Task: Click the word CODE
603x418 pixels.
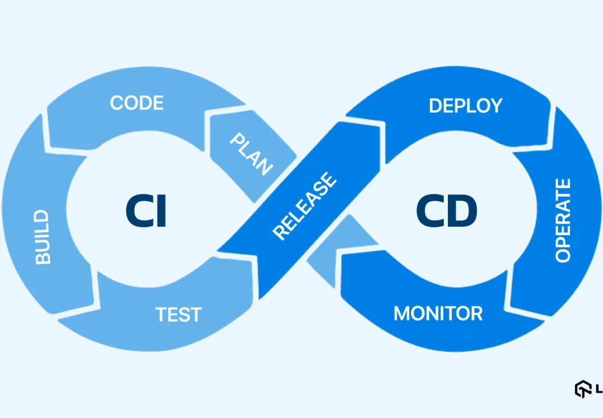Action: pyautogui.click(x=137, y=103)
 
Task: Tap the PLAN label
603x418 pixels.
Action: pyautogui.click(x=252, y=153)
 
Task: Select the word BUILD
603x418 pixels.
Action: pyautogui.click(x=42, y=237)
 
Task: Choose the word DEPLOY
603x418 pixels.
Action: pyautogui.click(x=466, y=106)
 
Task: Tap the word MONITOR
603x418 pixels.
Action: pyautogui.click(x=438, y=313)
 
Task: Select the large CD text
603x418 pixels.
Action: pyautogui.click(x=447, y=211)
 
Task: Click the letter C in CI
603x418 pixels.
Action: pyautogui.click(x=137, y=211)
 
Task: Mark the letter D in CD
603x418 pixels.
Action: pyautogui.click(x=463, y=211)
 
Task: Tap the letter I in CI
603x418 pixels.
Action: pyautogui.click(x=161, y=211)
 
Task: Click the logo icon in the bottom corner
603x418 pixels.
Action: pyautogui.click(x=583, y=389)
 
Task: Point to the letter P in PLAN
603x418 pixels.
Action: pyautogui.click(x=237, y=139)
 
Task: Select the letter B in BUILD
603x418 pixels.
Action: pyautogui.click(x=42, y=257)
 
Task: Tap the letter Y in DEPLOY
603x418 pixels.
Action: pyautogui.click(x=496, y=106)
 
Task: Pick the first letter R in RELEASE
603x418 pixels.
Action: pyautogui.click(x=280, y=232)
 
